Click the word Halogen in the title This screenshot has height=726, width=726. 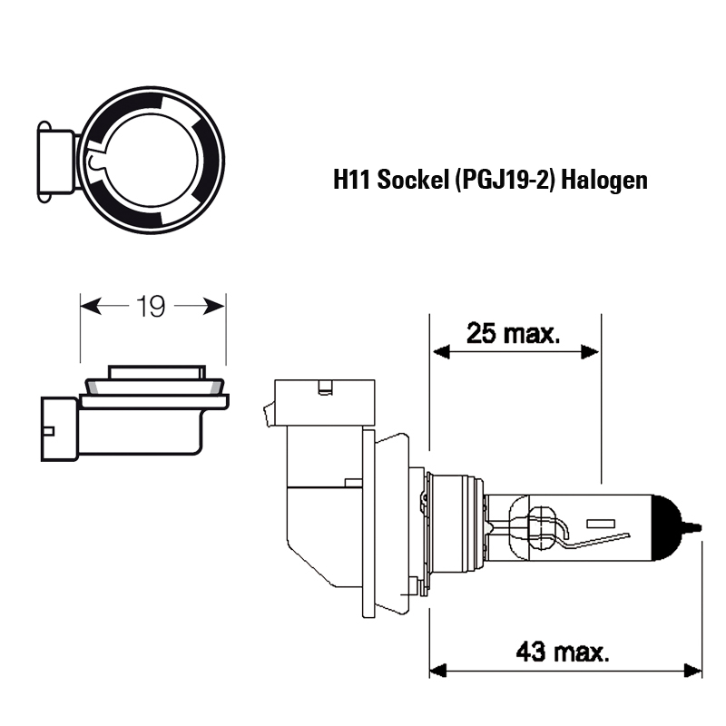[604, 181]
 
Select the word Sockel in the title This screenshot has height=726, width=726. [414, 180]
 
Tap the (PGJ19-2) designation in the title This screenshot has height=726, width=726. [505, 180]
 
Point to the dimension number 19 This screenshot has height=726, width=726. [151, 307]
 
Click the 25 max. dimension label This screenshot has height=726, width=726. [514, 333]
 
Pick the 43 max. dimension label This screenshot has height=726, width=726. [563, 652]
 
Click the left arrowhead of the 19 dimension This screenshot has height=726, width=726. [91, 306]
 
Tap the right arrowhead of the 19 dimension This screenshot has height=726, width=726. [214, 306]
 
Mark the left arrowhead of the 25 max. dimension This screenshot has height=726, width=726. [441, 352]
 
